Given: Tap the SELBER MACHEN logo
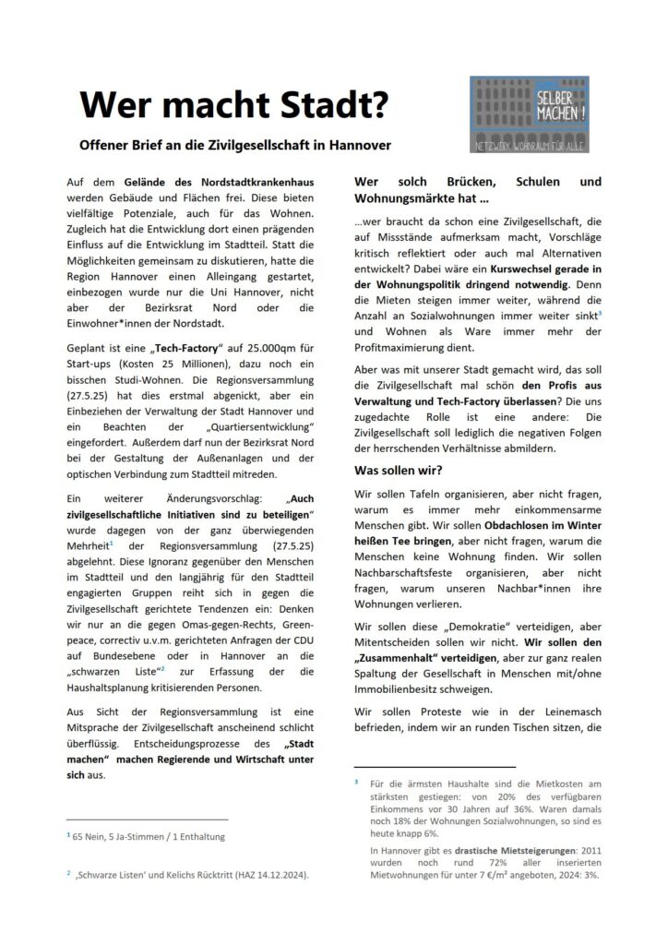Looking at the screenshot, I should click(529, 114).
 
